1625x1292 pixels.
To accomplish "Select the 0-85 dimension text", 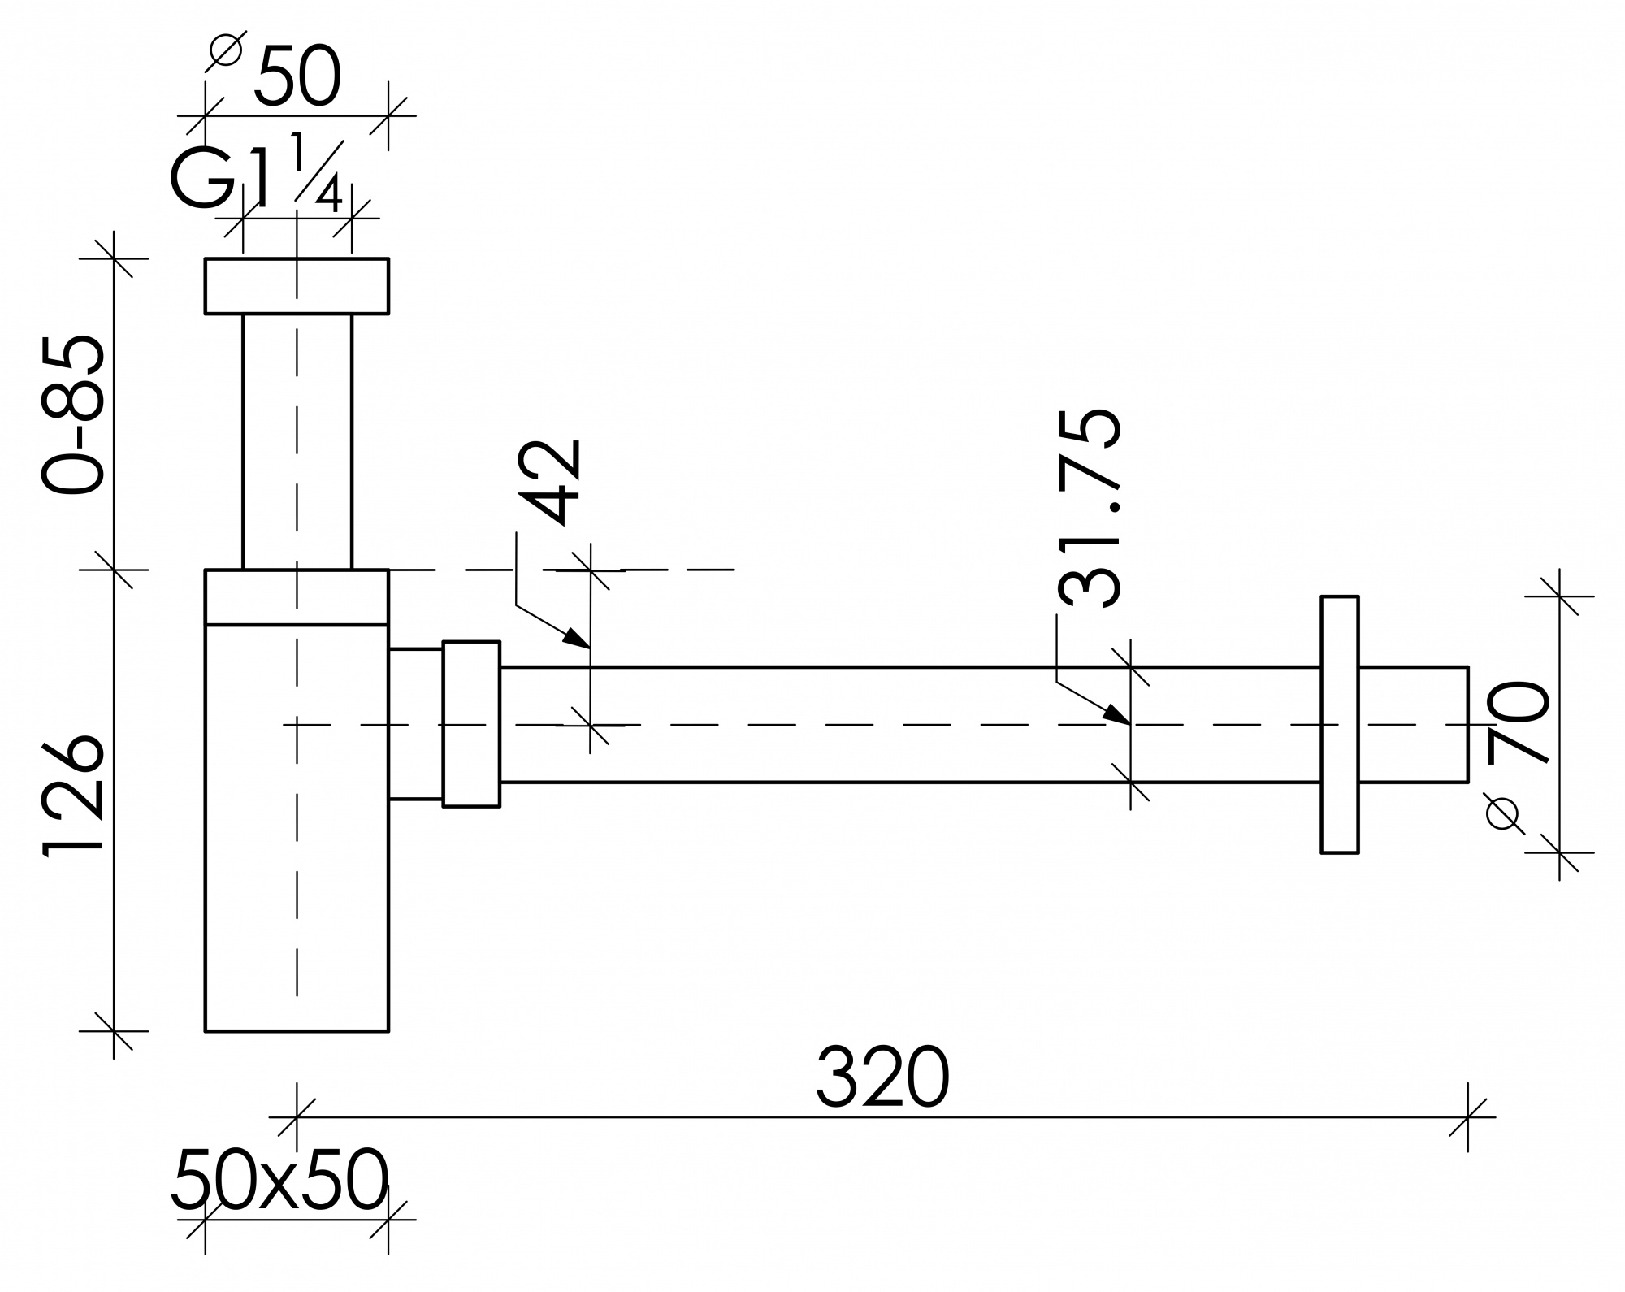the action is tap(73, 414).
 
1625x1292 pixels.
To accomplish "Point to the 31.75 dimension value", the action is tap(1090, 507).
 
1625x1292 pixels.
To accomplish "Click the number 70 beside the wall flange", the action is tap(1519, 723).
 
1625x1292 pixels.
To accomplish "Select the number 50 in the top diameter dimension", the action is tap(297, 77).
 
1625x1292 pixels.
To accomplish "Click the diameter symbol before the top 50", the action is tap(225, 50).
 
